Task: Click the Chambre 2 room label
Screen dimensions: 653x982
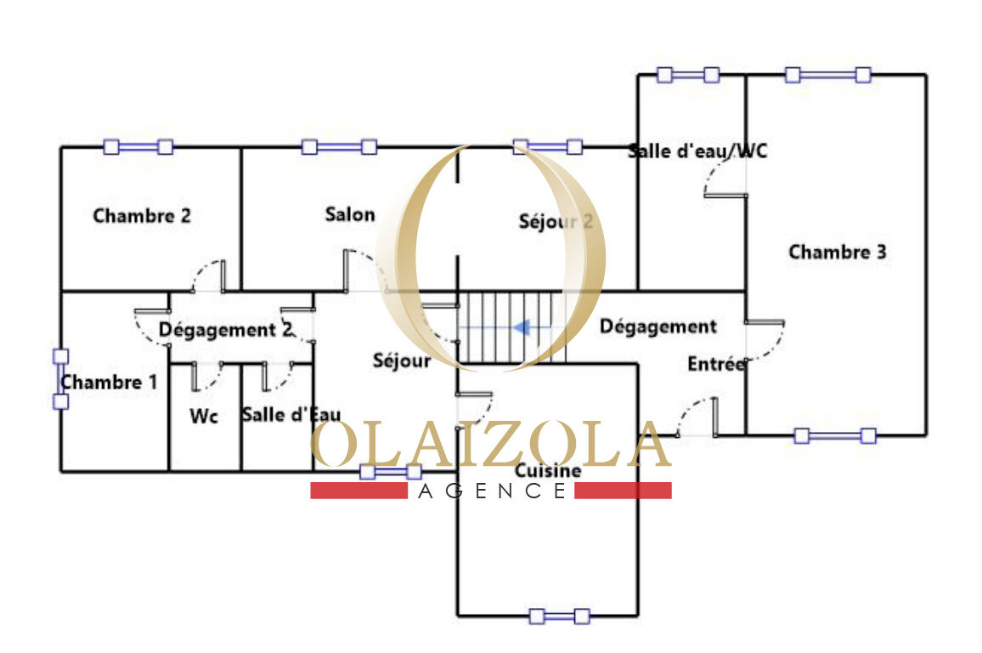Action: [142, 216]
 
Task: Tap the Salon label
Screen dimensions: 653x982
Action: [350, 214]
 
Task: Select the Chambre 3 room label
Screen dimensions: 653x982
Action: [837, 253]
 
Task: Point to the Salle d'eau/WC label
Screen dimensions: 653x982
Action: [697, 151]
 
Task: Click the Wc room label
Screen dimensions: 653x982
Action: [204, 417]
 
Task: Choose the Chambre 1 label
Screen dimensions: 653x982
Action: [109, 383]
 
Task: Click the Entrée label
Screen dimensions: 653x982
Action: [716, 364]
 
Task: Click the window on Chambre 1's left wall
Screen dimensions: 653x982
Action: [60, 379]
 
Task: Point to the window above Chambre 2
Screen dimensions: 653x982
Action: [138, 147]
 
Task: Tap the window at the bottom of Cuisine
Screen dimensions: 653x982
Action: [559, 616]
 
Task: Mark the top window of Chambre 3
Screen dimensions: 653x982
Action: [827, 75]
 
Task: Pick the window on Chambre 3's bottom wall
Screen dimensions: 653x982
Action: [834, 436]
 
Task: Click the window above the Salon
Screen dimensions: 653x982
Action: [339, 147]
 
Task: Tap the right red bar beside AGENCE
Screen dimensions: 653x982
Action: [623, 491]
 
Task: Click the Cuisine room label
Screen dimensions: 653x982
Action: [548, 471]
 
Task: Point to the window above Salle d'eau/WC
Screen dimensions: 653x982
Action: [688, 75]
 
